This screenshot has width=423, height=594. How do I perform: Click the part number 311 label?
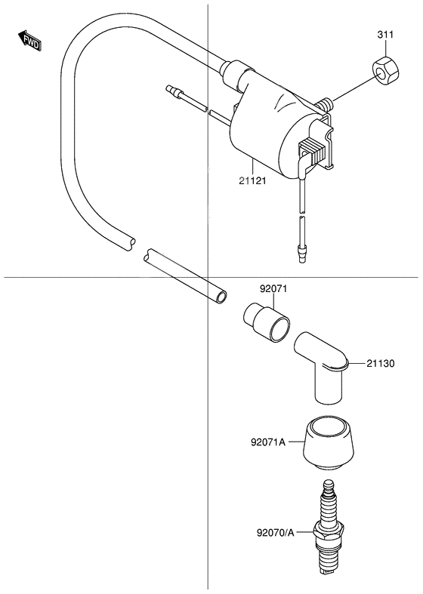coord(385,35)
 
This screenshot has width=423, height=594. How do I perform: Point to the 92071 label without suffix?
coord(274,288)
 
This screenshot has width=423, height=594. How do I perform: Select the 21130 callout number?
coord(382,364)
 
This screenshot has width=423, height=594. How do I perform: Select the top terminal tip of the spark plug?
coord(329,484)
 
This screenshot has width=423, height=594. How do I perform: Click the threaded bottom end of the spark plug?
coord(329,577)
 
